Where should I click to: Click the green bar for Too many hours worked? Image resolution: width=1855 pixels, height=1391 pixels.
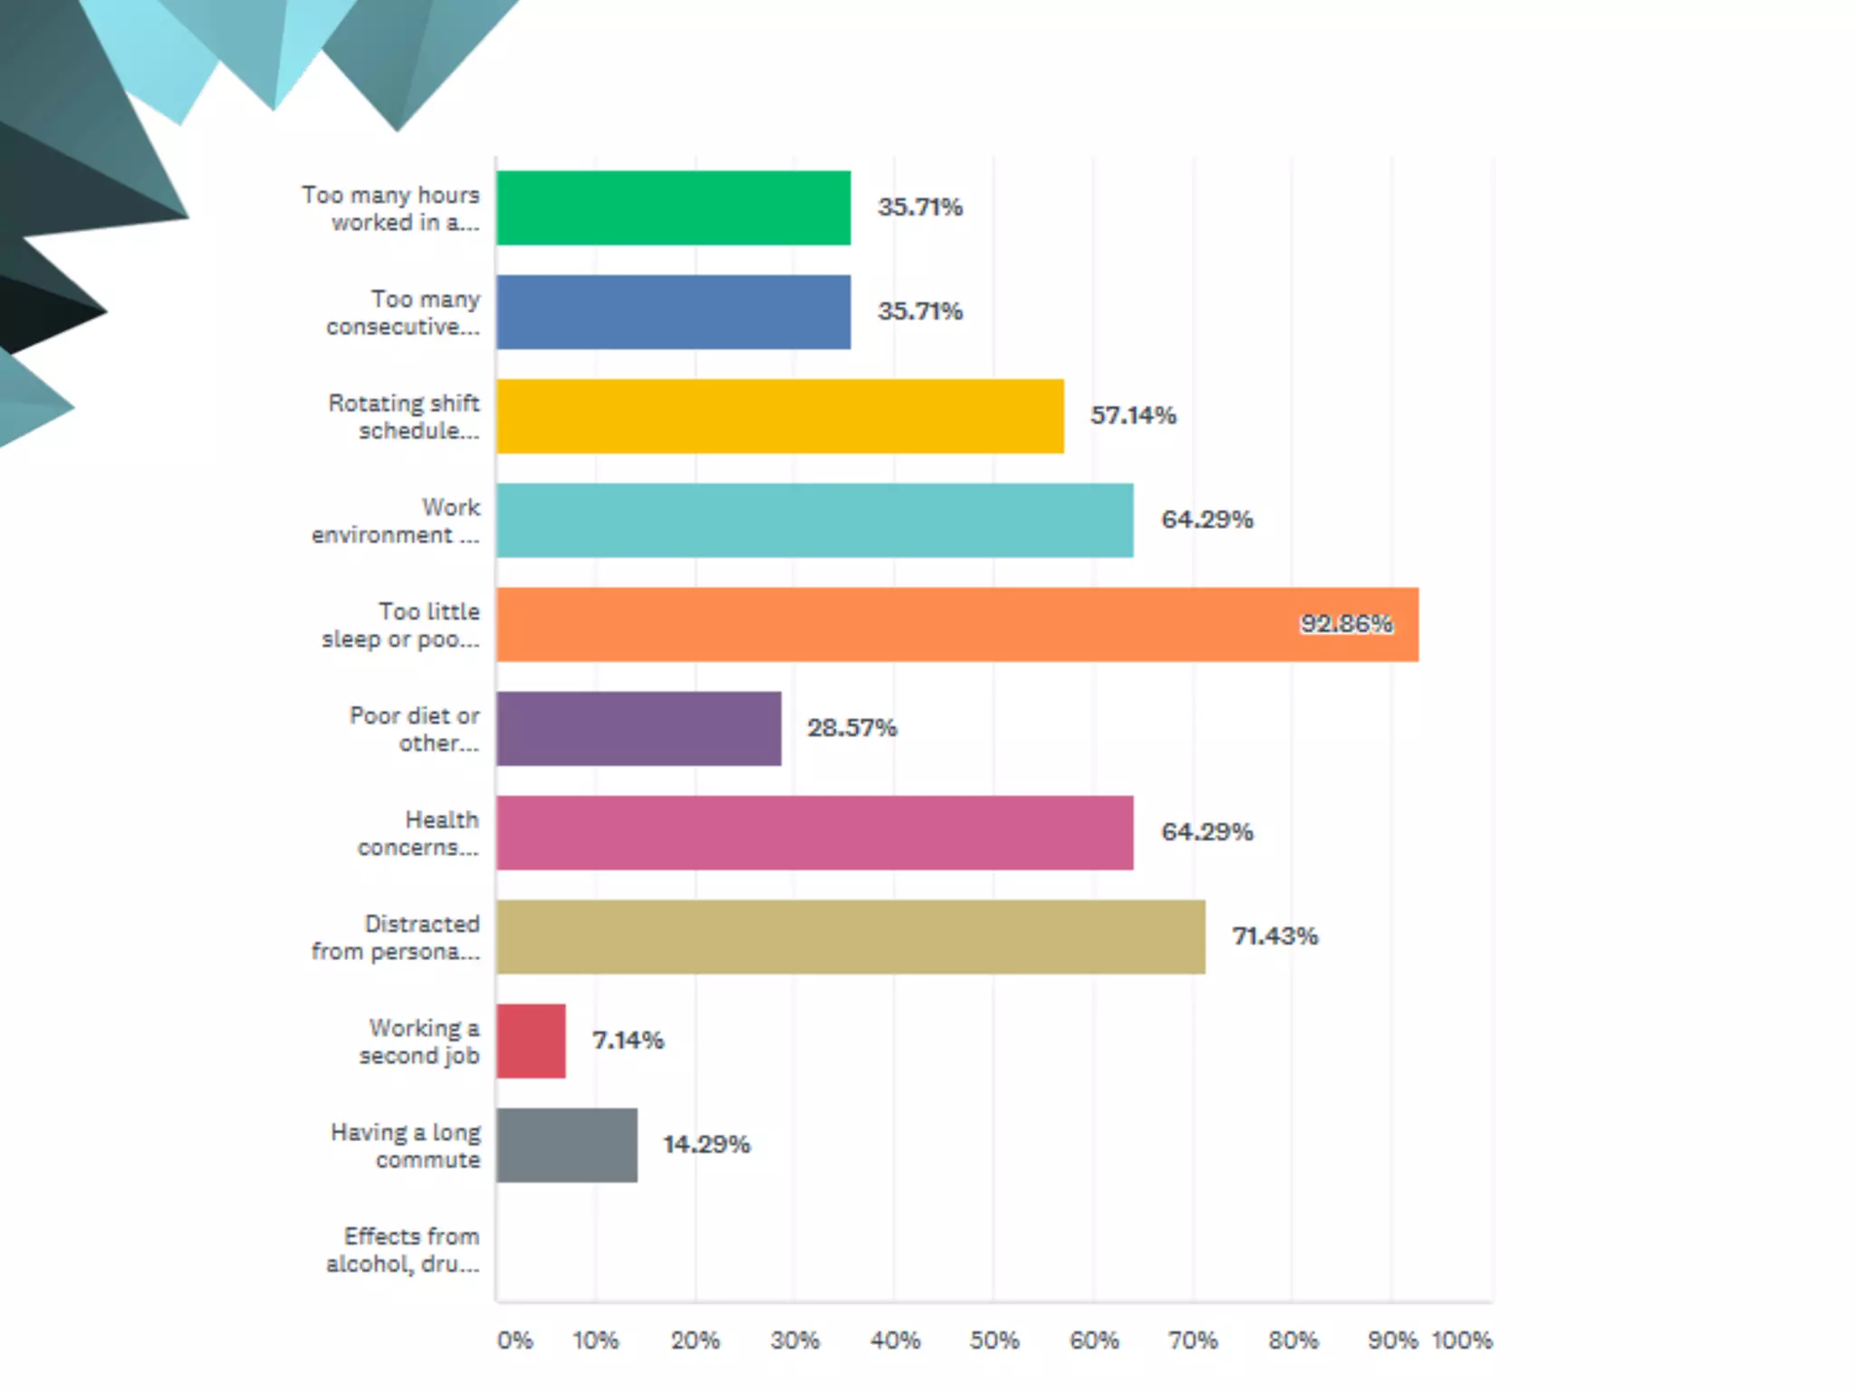[673, 207]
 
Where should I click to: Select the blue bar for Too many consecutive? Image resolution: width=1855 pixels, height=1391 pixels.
[673, 312]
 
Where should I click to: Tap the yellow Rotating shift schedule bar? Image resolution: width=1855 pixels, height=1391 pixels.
[779, 416]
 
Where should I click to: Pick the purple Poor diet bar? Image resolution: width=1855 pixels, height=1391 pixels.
[639, 728]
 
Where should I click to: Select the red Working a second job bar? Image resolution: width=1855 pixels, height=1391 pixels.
[531, 1041]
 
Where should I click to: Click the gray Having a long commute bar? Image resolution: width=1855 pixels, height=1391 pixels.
[566, 1145]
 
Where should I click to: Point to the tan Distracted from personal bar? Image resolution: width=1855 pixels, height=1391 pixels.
[851, 936]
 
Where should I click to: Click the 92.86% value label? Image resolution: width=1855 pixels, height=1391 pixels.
[1346, 624]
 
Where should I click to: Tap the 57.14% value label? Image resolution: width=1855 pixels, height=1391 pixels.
[1132, 416]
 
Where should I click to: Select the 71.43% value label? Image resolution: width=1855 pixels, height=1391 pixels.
[1274, 936]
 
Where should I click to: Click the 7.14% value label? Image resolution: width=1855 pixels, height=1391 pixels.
[628, 1041]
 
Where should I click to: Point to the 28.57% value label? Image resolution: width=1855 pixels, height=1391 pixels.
[851, 728]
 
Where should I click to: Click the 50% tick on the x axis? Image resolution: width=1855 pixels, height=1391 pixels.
[994, 1340]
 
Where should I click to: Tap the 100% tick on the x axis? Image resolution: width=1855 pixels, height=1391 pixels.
[1461, 1340]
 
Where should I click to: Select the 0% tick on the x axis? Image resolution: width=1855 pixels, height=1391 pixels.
[514, 1340]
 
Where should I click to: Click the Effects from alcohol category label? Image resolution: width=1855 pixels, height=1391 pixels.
[403, 1250]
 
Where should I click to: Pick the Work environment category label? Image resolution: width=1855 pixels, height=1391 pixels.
[396, 521]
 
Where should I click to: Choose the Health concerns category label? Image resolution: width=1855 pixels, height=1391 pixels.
[418, 833]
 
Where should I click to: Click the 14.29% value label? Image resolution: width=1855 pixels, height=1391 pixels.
[706, 1145]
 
